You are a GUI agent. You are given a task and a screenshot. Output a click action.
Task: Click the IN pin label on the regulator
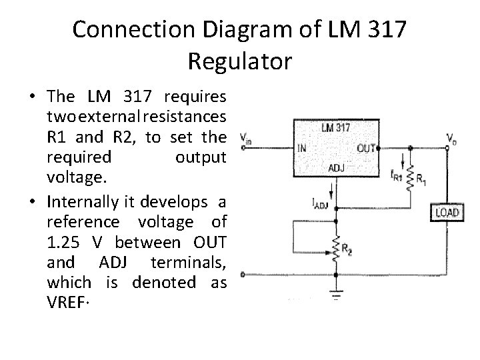pyautogui.click(x=302, y=148)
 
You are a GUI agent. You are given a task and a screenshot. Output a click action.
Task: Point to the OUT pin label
pyautogui.click(x=365, y=148)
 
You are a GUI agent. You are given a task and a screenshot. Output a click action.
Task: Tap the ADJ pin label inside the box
pyautogui.click(x=338, y=169)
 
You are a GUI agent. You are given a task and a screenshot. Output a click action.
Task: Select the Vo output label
pyautogui.click(x=453, y=138)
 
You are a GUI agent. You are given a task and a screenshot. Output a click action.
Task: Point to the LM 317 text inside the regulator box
pyautogui.click(x=336, y=127)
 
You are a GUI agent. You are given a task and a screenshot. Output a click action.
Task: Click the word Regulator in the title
pyautogui.click(x=239, y=61)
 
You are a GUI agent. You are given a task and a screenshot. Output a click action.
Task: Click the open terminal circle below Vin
pyautogui.click(x=242, y=274)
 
